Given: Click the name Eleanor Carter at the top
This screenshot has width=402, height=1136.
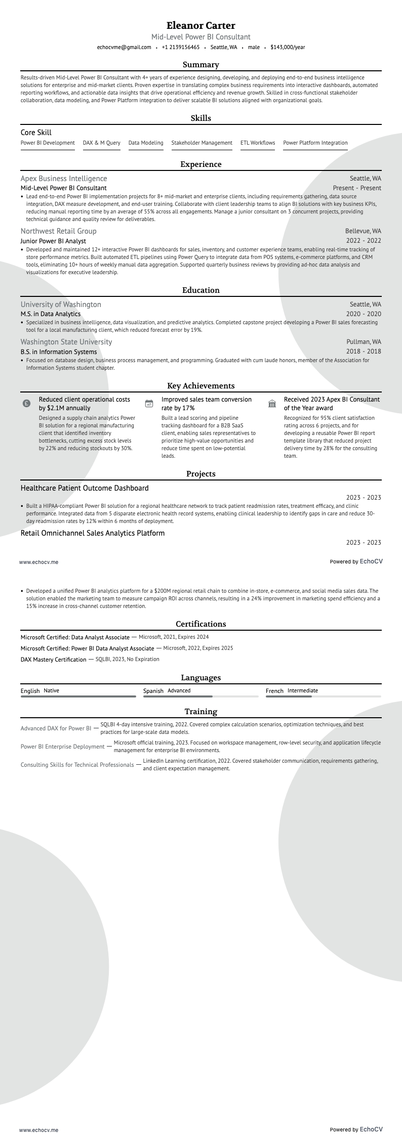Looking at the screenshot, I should (x=201, y=25).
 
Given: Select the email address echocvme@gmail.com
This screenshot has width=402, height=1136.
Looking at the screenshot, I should (x=124, y=48).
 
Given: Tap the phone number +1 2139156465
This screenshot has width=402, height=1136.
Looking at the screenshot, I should (x=181, y=48).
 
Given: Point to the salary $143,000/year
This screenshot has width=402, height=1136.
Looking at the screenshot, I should (x=288, y=48).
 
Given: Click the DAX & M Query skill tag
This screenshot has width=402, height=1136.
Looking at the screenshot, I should (x=102, y=143).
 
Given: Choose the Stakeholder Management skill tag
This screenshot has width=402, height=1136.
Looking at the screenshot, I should (x=202, y=143).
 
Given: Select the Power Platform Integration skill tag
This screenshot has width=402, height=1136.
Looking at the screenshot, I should (x=315, y=143).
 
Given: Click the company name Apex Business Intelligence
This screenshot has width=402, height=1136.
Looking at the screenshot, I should (x=64, y=179).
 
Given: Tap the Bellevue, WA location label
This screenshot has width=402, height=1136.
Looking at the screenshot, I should (x=363, y=231).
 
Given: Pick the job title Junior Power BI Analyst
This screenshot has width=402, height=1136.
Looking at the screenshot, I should (x=53, y=241).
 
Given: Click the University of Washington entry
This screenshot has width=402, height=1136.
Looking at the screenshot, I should (x=61, y=304).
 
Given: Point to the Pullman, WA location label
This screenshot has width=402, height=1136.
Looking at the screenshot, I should (x=364, y=342).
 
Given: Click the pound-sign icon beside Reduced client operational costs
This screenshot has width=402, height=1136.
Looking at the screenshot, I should (x=26, y=404).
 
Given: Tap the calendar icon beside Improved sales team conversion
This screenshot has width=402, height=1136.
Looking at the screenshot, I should (x=149, y=404).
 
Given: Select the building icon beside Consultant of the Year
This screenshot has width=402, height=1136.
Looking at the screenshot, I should (x=272, y=404).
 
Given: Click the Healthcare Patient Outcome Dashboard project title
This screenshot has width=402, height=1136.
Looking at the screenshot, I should (x=85, y=488).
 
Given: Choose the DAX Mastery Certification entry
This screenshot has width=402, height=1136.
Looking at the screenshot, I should (x=54, y=660).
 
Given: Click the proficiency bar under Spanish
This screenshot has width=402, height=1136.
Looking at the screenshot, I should (x=200, y=696).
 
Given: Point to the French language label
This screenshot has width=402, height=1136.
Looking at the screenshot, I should (x=274, y=691).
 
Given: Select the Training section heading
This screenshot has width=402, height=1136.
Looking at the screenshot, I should (x=201, y=712).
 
